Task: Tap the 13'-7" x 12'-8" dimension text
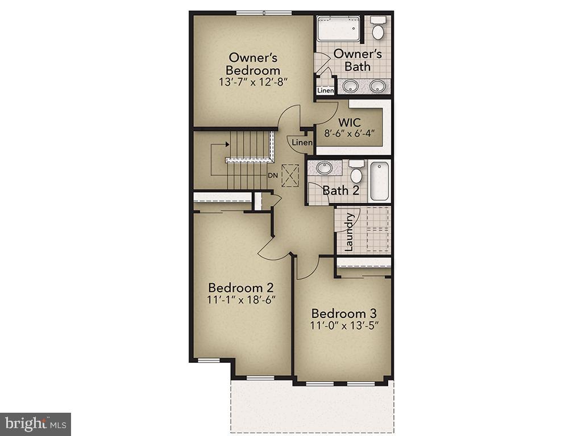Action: click(253, 81)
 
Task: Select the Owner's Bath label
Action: click(357, 60)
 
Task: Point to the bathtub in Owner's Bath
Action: click(338, 28)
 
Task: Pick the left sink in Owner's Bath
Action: click(351, 86)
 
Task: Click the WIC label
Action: click(349, 123)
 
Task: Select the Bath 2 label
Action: click(340, 190)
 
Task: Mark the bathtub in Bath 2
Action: click(379, 181)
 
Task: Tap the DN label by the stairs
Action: click(273, 175)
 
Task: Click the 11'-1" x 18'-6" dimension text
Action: click(242, 300)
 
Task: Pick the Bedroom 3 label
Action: click(344, 313)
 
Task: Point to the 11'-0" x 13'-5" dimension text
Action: click(344, 326)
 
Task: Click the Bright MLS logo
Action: click(35, 424)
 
